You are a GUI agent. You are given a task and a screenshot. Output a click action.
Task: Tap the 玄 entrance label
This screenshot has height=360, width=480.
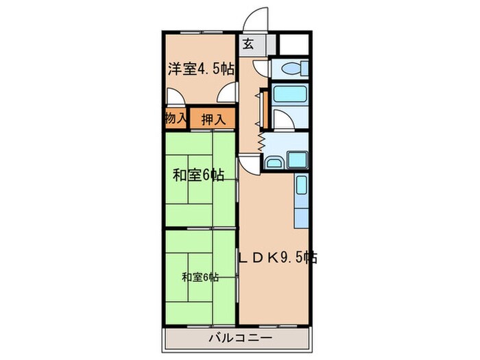[x=248, y=45]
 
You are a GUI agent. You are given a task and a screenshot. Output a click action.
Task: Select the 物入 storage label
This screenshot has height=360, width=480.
[x=176, y=118]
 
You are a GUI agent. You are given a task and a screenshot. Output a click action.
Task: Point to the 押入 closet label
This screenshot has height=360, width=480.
[x=213, y=119]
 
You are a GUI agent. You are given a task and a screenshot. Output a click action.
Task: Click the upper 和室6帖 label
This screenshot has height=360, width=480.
[x=197, y=175]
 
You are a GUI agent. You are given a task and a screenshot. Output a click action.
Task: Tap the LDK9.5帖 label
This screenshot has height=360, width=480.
[x=277, y=259]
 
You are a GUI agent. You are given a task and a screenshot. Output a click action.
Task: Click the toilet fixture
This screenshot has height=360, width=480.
[x=289, y=69]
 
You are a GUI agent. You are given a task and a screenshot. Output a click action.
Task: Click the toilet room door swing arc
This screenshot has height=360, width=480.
[x=261, y=68]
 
